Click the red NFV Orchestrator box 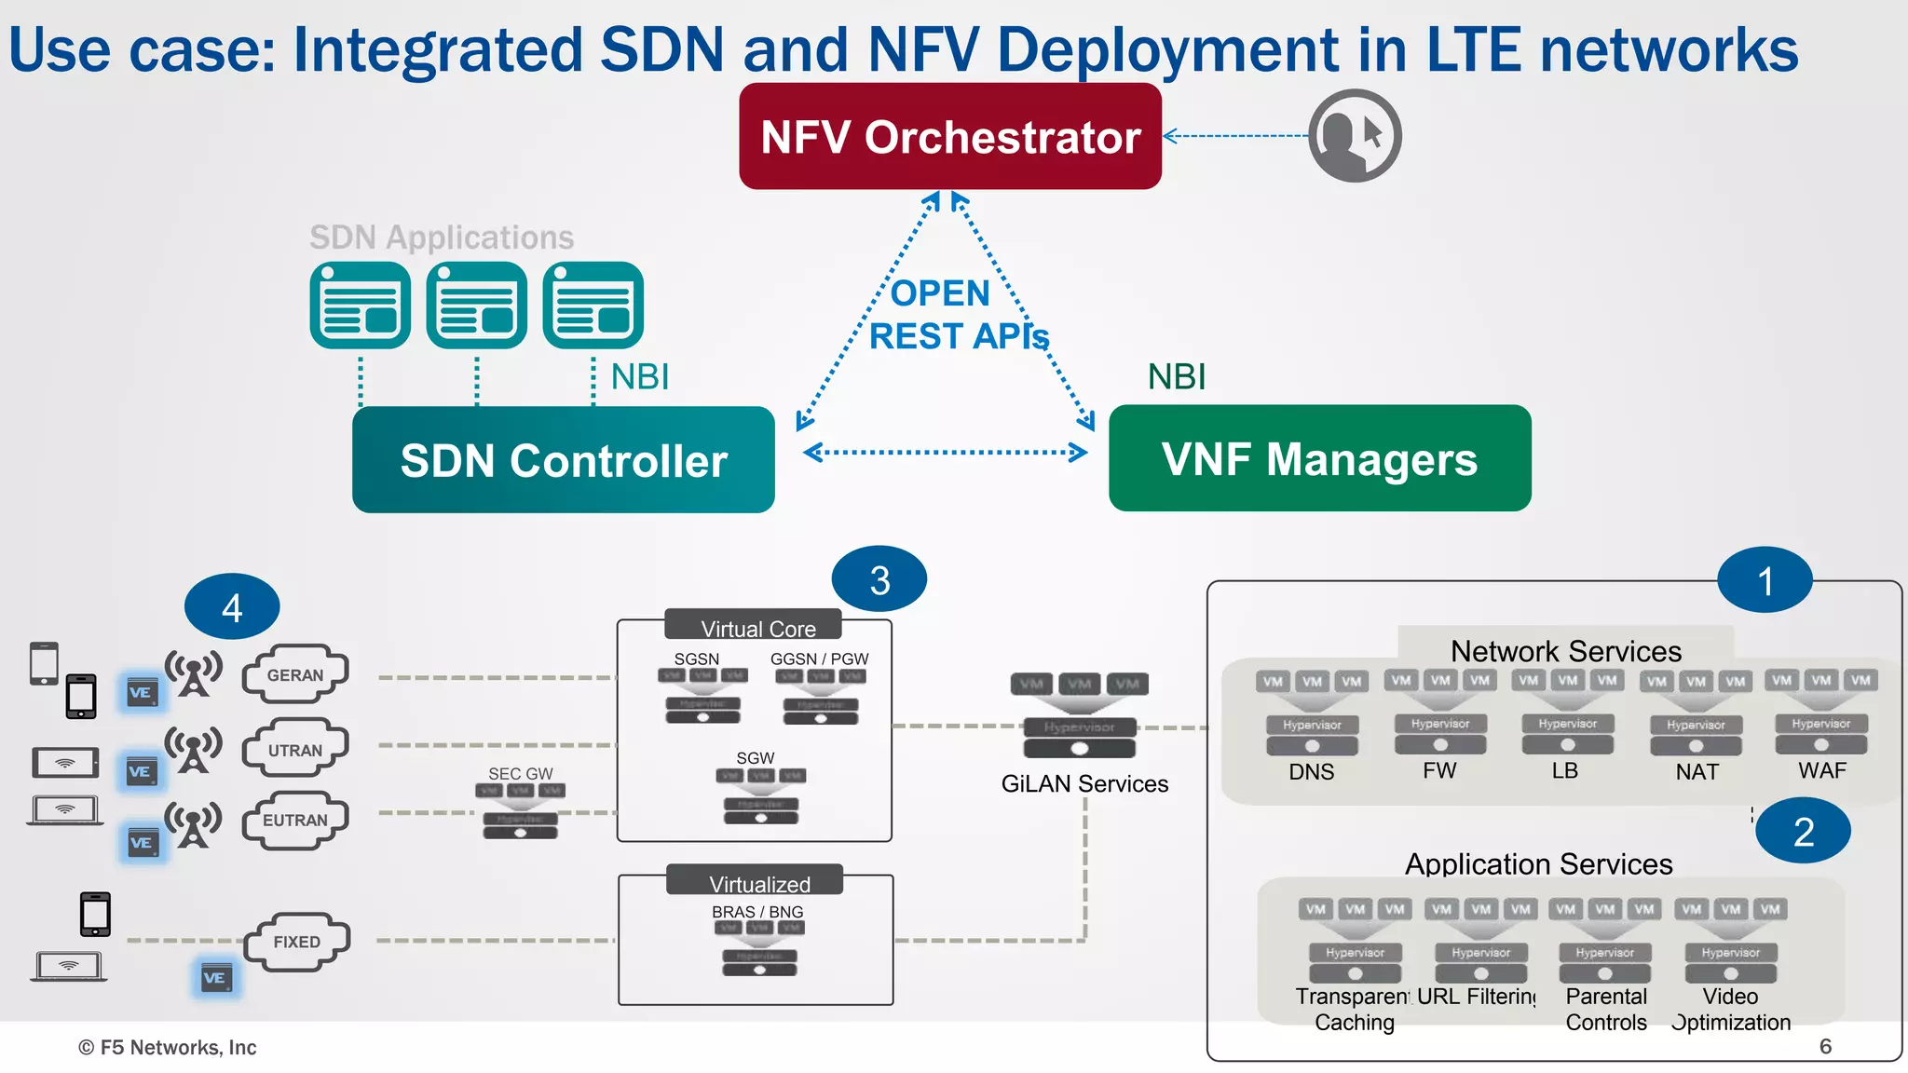(949, 137)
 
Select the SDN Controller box (563, 460)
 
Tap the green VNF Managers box (1319, 458)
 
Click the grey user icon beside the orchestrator (1354, 136)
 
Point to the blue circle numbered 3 (879, 579)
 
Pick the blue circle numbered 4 (232, 607)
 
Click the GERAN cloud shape (294, 674)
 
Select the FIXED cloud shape (296, 942)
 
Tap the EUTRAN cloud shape (294, 820)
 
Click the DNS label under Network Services (1311, 772)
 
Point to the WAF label (1821, 771)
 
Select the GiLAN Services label (1083, 784)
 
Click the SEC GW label (520, 773)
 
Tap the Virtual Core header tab (756, 629)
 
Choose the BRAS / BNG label (756, 912)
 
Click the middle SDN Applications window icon (476, 306)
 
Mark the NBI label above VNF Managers (1176, 377)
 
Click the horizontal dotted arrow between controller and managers (944, 453)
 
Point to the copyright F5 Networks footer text (168, 1048)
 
